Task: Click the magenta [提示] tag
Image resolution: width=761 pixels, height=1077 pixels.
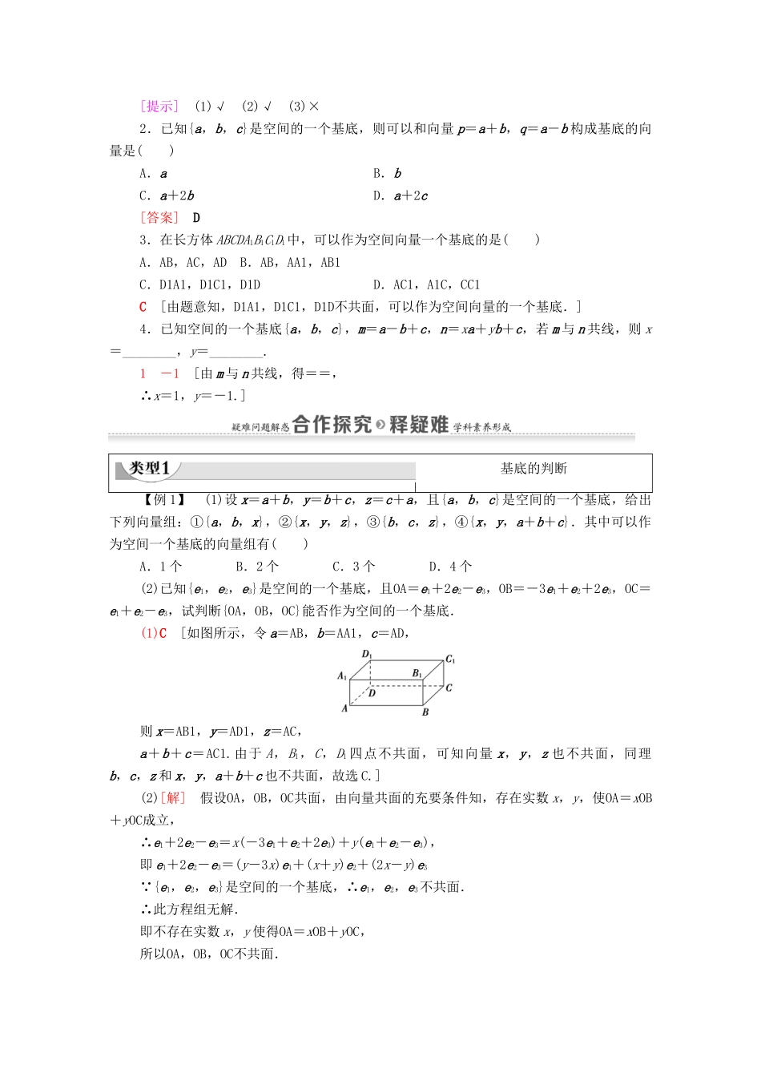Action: [x=159, y=107]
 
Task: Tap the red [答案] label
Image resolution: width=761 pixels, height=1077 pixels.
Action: [x=159, y=218]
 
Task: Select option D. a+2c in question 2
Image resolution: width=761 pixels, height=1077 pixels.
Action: [x=401, y=196]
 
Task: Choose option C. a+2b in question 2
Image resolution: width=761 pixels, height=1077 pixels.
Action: [x=167, y=196]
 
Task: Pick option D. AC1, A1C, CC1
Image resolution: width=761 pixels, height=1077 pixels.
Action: [x=426, y=284]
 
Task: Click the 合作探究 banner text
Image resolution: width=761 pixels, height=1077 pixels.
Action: [x=332, y=425]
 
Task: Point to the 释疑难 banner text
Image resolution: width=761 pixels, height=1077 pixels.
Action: [x=418, y=425]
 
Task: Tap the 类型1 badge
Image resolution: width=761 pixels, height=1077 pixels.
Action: [x=150, y=469]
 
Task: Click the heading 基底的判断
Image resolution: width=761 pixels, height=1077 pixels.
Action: [x=534, y=469]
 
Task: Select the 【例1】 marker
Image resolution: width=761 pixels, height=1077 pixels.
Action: [x=165, y=500]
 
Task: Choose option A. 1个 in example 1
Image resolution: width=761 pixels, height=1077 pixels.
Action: [x=161, y=567]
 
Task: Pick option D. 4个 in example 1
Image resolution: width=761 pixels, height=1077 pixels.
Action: [x=450, y=567]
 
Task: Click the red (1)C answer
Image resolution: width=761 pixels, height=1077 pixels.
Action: [x=154, y=633]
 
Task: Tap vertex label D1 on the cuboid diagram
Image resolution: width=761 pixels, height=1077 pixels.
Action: [x=367, y=655]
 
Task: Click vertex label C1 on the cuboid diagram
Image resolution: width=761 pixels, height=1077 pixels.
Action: [x=450, y=660]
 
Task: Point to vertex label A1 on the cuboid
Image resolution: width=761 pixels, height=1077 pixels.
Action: [x=342, y=676]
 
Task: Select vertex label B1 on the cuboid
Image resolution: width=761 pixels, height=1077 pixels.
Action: [x=417, y=674]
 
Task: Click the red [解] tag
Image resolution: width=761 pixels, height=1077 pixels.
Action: [x=173, y=798]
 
